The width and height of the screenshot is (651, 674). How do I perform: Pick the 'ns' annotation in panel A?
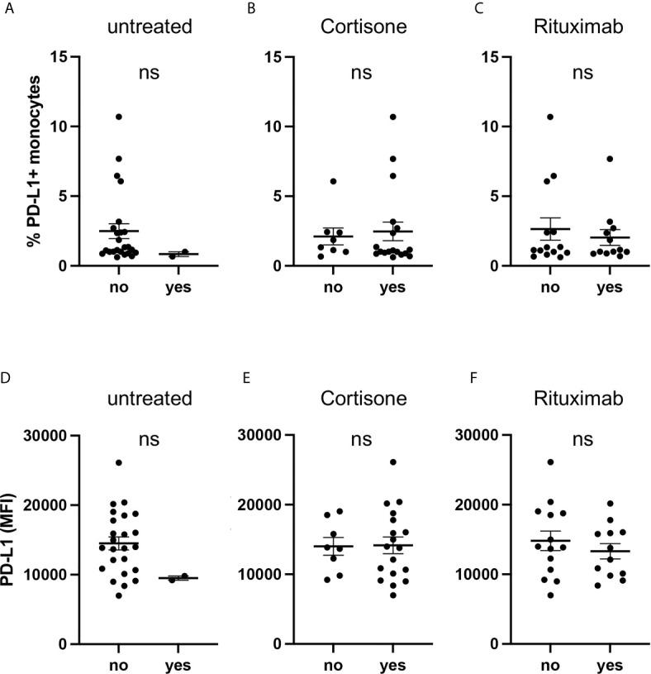click(149, 72)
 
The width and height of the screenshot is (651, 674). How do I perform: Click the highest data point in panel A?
click(119, 117)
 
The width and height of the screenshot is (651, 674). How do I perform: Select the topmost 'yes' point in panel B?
click(393, 117)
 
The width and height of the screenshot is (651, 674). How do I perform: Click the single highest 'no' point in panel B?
click(333, 181)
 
